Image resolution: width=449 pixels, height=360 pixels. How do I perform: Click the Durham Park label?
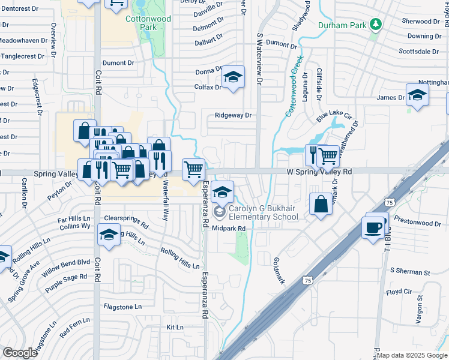(x=343, y=25)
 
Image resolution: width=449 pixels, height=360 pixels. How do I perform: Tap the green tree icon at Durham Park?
(x=376, y=24)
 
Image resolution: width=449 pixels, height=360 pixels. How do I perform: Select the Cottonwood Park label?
(x=148, y=23)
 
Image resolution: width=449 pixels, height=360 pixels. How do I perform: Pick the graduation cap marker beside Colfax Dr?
(x=233, y=77)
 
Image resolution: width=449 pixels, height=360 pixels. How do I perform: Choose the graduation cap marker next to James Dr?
(x=417, y=95)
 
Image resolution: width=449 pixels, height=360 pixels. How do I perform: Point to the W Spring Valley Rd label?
(x=318, y=172)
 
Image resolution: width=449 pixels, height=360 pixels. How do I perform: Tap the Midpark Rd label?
(x=229, y=229)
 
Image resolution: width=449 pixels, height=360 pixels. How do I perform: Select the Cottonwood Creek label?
(x=294, y=88)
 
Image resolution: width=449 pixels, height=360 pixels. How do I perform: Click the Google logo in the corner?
(x=20, y=353)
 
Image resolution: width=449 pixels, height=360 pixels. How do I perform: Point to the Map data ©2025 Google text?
(x=412, y=356)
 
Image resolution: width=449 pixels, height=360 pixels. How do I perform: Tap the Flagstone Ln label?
(x=122, y=307)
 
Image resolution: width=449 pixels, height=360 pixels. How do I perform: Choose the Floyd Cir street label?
(x=399, y=292)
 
